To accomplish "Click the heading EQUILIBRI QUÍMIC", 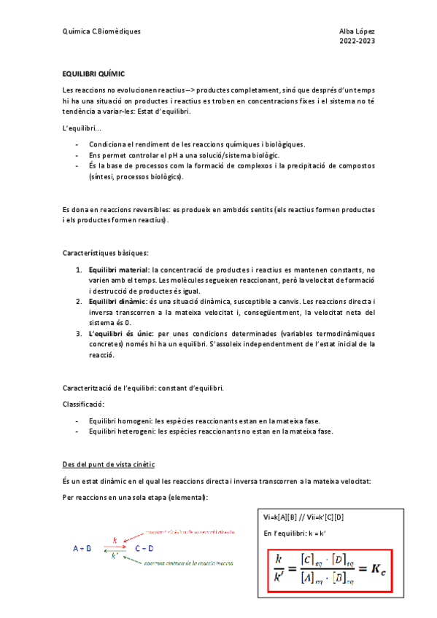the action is [x=94, y=74].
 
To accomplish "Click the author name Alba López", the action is [x=357, y=31].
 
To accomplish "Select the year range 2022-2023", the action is [x=357, y=42].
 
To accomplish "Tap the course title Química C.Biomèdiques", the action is [x=102, y=31].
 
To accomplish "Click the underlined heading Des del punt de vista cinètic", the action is [x=109, y=464].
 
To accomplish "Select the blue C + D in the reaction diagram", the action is [x=144, y=548].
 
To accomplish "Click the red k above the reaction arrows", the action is [x=115, y=540].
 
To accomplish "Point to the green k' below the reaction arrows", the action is [x=115, y=556].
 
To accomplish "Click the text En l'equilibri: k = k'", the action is [x=294, y=533].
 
